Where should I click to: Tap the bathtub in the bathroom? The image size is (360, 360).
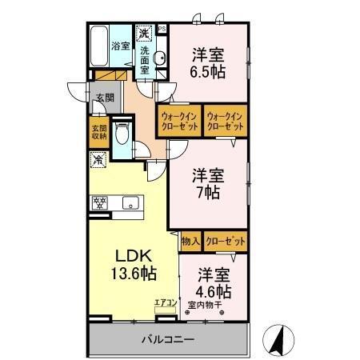(100, 46)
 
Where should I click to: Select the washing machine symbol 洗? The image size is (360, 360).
(143, 34)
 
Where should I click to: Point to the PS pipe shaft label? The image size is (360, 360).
(162, 30)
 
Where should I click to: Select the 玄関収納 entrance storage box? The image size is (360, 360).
(98, 133)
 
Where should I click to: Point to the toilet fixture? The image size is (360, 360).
(121, 135)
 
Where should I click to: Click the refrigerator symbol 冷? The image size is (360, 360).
(98, 161)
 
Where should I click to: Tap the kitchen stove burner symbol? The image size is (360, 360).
(101, 202)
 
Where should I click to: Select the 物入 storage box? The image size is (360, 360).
(190, 240)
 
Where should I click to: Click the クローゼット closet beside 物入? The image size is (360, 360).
(223, 240)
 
